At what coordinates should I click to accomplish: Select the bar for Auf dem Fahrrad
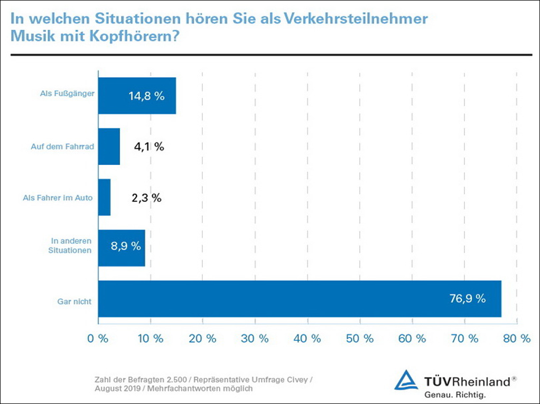[109, 146]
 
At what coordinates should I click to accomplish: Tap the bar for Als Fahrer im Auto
[105, 197]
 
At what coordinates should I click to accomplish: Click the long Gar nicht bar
[300, 299]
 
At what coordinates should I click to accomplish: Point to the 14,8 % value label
[146, 97]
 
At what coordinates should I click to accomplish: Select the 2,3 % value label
[146, 198]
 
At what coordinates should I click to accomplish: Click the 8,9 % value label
[125, 246]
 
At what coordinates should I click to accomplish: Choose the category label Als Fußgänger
[67, 94]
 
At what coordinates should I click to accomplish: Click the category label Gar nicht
[75, 301]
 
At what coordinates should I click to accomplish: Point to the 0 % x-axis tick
[98, 339]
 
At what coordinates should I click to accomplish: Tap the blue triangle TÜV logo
[406, 381]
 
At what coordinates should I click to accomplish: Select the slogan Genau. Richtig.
[454, 394]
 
